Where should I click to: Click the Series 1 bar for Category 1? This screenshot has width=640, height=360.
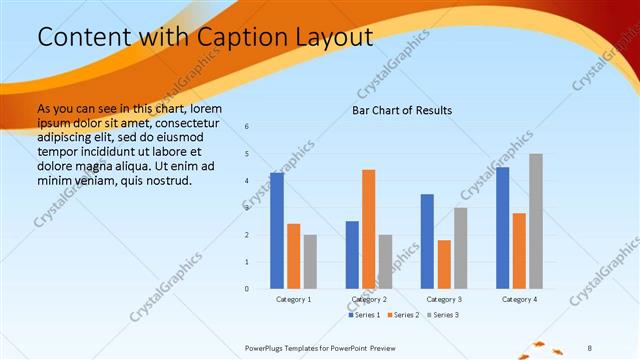[277, 231]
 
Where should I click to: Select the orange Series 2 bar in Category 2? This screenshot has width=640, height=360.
[369, 229]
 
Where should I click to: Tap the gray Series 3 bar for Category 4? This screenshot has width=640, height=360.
[536, 221]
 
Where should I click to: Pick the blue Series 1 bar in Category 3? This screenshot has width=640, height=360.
[428, 241]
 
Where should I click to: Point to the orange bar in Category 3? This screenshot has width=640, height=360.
[444, 264]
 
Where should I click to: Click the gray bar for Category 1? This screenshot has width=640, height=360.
[310, 261]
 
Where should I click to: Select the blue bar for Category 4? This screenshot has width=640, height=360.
[503, 228]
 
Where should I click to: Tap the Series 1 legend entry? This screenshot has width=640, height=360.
[364, 315]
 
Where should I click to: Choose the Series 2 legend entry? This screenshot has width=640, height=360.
[403, 315]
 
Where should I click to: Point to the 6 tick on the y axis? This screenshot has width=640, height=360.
[247, 126]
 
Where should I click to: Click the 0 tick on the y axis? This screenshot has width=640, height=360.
[247, 289]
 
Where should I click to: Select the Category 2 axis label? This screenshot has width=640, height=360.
[369, 299]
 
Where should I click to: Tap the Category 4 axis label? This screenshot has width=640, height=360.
[520, 299]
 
